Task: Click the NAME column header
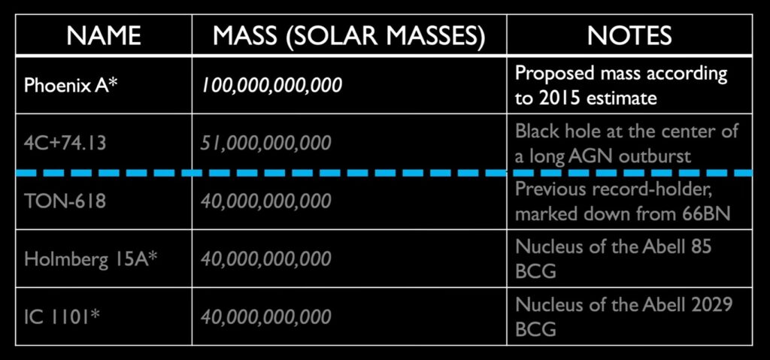coord(104,35)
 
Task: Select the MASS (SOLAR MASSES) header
coord(349,35)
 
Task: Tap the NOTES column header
coord(629,35)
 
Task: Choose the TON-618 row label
coord(65,201)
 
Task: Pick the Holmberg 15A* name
coord(91,259)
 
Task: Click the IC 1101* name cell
coord(62,316)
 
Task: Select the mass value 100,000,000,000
coord(271,86)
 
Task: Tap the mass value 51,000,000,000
coord(265,144)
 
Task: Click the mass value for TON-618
coord(265,201)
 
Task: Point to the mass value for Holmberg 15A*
coord(265,259)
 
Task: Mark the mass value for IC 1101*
coord(265,316)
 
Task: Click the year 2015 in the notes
coord(553,98)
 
